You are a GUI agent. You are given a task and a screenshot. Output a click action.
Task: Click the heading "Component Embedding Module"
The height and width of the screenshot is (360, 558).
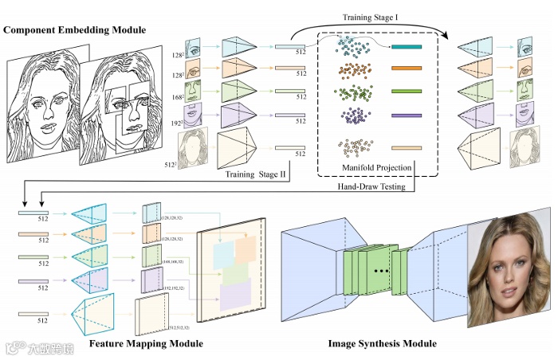[76, 30]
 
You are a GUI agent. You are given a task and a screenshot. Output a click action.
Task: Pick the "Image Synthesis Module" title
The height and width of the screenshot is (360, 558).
[382, 343]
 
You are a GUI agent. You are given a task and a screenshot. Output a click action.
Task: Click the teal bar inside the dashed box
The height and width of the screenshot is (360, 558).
[411, 48]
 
